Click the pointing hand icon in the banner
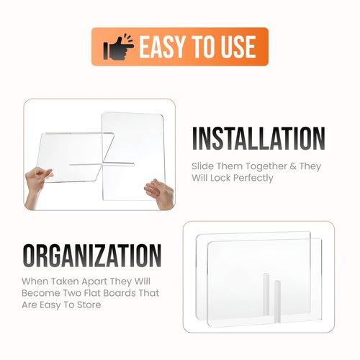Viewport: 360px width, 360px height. pos(118,47)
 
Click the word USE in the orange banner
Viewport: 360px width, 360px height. pos(238,47)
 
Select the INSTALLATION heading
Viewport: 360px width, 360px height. pos(258,139)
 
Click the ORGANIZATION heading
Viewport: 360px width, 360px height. pos(92,256)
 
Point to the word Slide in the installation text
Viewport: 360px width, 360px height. pos(202,166)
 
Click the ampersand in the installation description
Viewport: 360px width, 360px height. pos(293,166)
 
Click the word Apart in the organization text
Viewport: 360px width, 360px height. pos(94,282)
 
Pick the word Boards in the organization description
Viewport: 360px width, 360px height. pos(114,293)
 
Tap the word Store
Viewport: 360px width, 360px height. pos(89,305)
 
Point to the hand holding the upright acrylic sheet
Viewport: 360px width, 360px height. pos(160,193)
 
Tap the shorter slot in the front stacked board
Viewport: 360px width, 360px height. pos(277,301)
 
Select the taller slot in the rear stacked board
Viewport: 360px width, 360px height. pos(266,294)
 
